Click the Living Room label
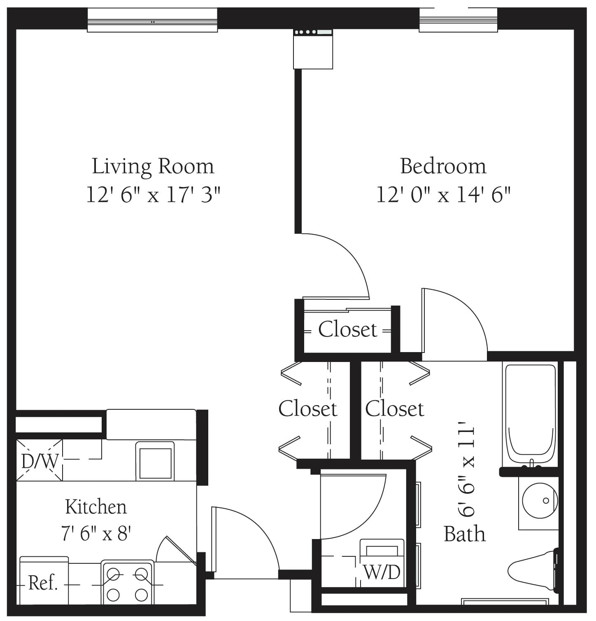pyautogui.click(x=153, y=167)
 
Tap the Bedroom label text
pyautogui.click(x=443, y=166)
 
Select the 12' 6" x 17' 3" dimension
pyautogui.click(x=153, y=194)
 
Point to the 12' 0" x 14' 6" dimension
pyautogui.click(x=443, y=194)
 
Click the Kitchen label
pyautogui.click(x=96, y=507)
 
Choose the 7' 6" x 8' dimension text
pyautogui.click(x=96, y=534)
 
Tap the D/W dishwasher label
pyautogui.click(x=40, y=461)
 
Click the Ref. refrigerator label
pyautogui.click(x=43, y=583)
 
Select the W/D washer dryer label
pyautogui.click(x=382, y=572)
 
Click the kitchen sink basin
pyautogui.click(x=155, y=461)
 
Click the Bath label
pyautogui.click(x=464, y=534)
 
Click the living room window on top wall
pyautogui.click(x=152, y=21)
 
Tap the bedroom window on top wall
pyautogui.click(x=458, y=21)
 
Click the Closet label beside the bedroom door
pyautogui.click(x=347, y=329)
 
